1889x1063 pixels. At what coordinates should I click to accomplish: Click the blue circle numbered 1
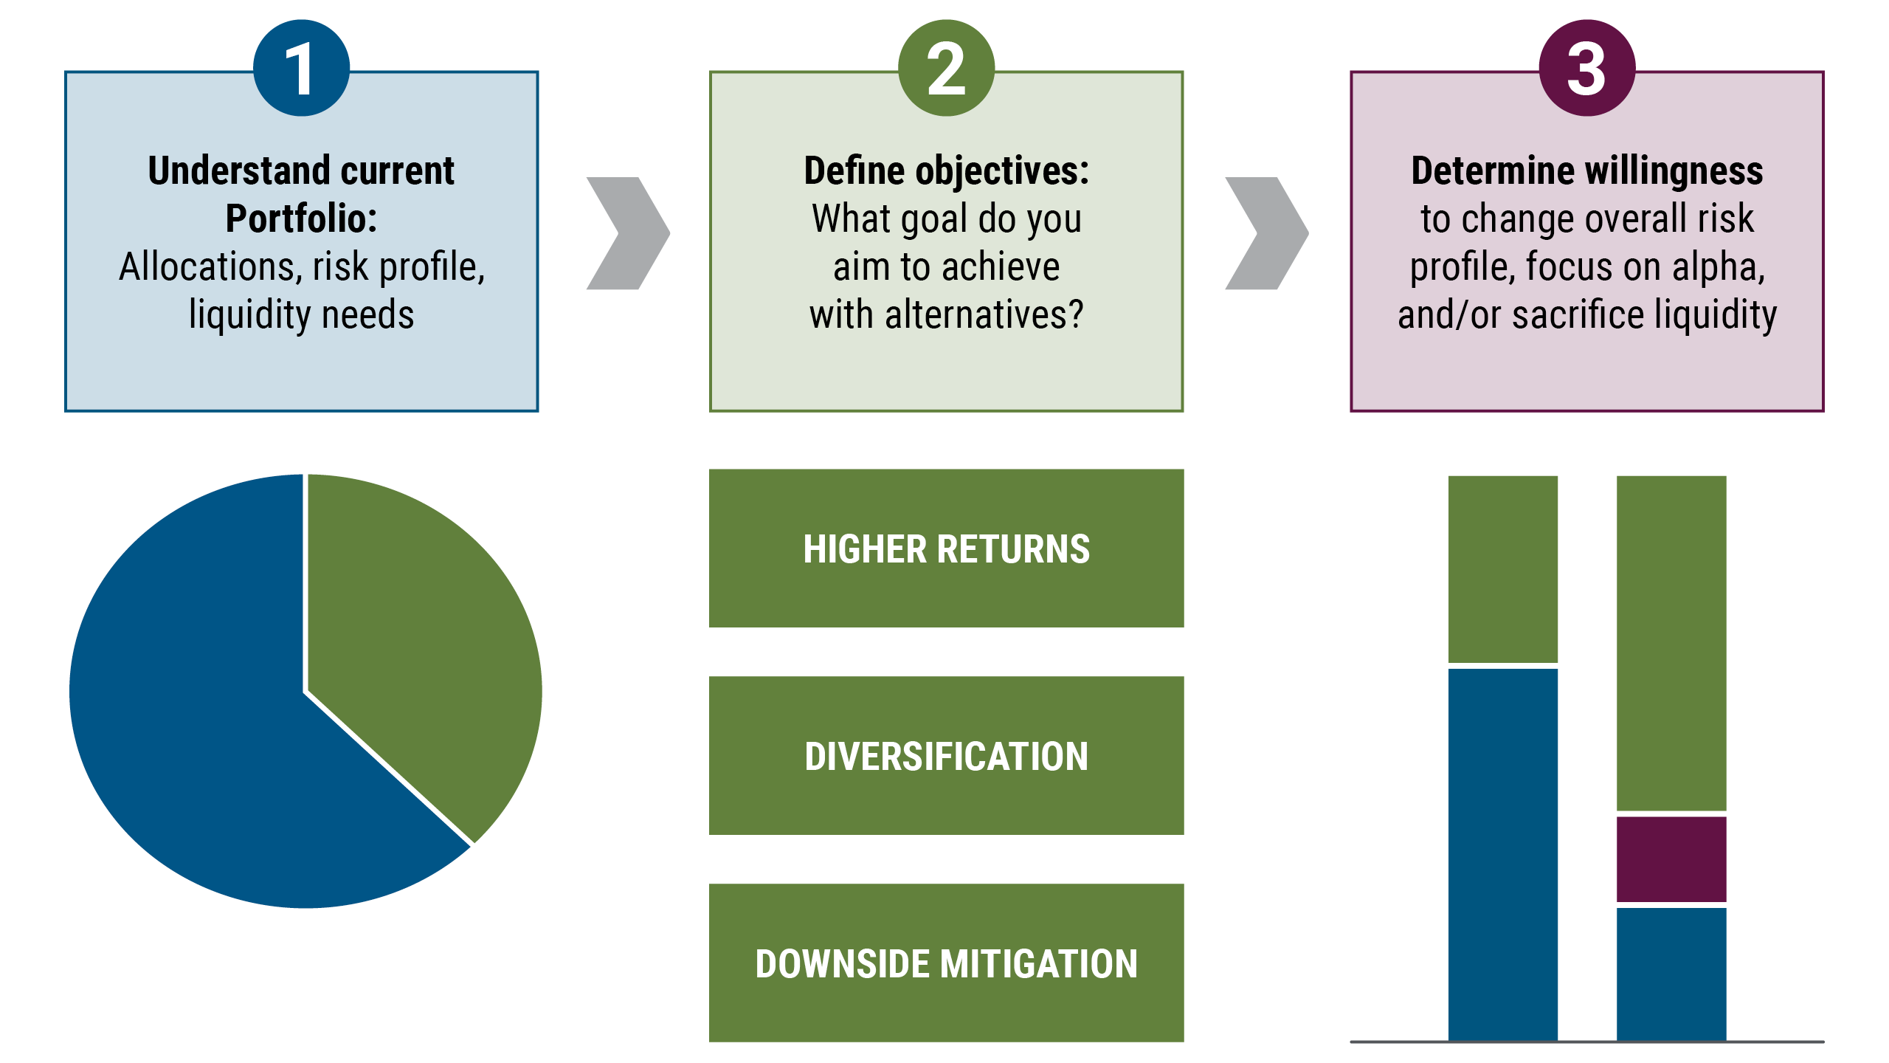tap(301, 68)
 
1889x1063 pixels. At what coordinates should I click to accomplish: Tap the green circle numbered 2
tap(946, 68)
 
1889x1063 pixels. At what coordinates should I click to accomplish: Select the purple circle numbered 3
tap(1586, 68)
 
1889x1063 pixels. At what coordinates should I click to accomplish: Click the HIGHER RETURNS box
tap(946, 548)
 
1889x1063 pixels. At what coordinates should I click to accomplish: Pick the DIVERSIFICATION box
tap(946, 756)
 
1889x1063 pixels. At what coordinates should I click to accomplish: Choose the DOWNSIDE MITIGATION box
tap(946, 963)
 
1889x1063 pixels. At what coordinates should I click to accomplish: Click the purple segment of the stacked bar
tap(1671, 859)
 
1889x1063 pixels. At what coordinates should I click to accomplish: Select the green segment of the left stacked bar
tap(1503, 568)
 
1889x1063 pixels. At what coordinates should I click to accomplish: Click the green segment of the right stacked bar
tap(1671, 642)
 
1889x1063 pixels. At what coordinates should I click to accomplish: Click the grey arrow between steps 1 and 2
tap(627, 233)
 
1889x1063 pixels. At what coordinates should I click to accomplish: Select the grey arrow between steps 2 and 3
tap(1266, 233)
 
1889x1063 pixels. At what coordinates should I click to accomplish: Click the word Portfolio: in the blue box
tap(301, 219)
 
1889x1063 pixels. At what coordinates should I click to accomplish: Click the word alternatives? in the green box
tap(984, 315)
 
